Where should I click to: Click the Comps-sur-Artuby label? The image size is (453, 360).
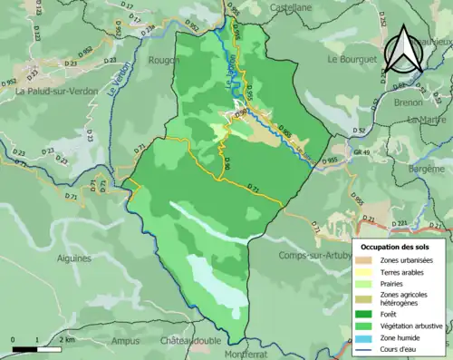coord(314,257)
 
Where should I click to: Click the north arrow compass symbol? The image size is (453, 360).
coord(402,50)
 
